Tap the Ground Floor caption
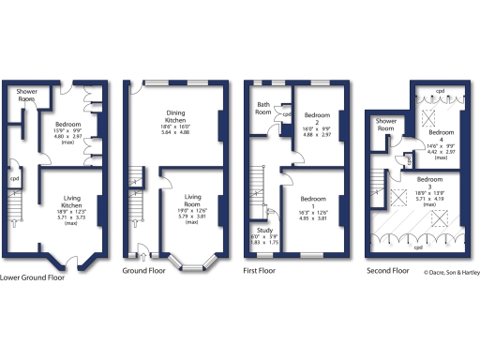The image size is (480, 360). pyautogui.click(x=144, y=270)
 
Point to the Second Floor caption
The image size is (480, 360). pyautogui.click(x=387, y=270)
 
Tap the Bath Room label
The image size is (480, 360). pyautogui.click(x=263, y=109)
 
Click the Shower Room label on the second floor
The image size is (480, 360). pyautogui.click(x=385, y=124)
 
